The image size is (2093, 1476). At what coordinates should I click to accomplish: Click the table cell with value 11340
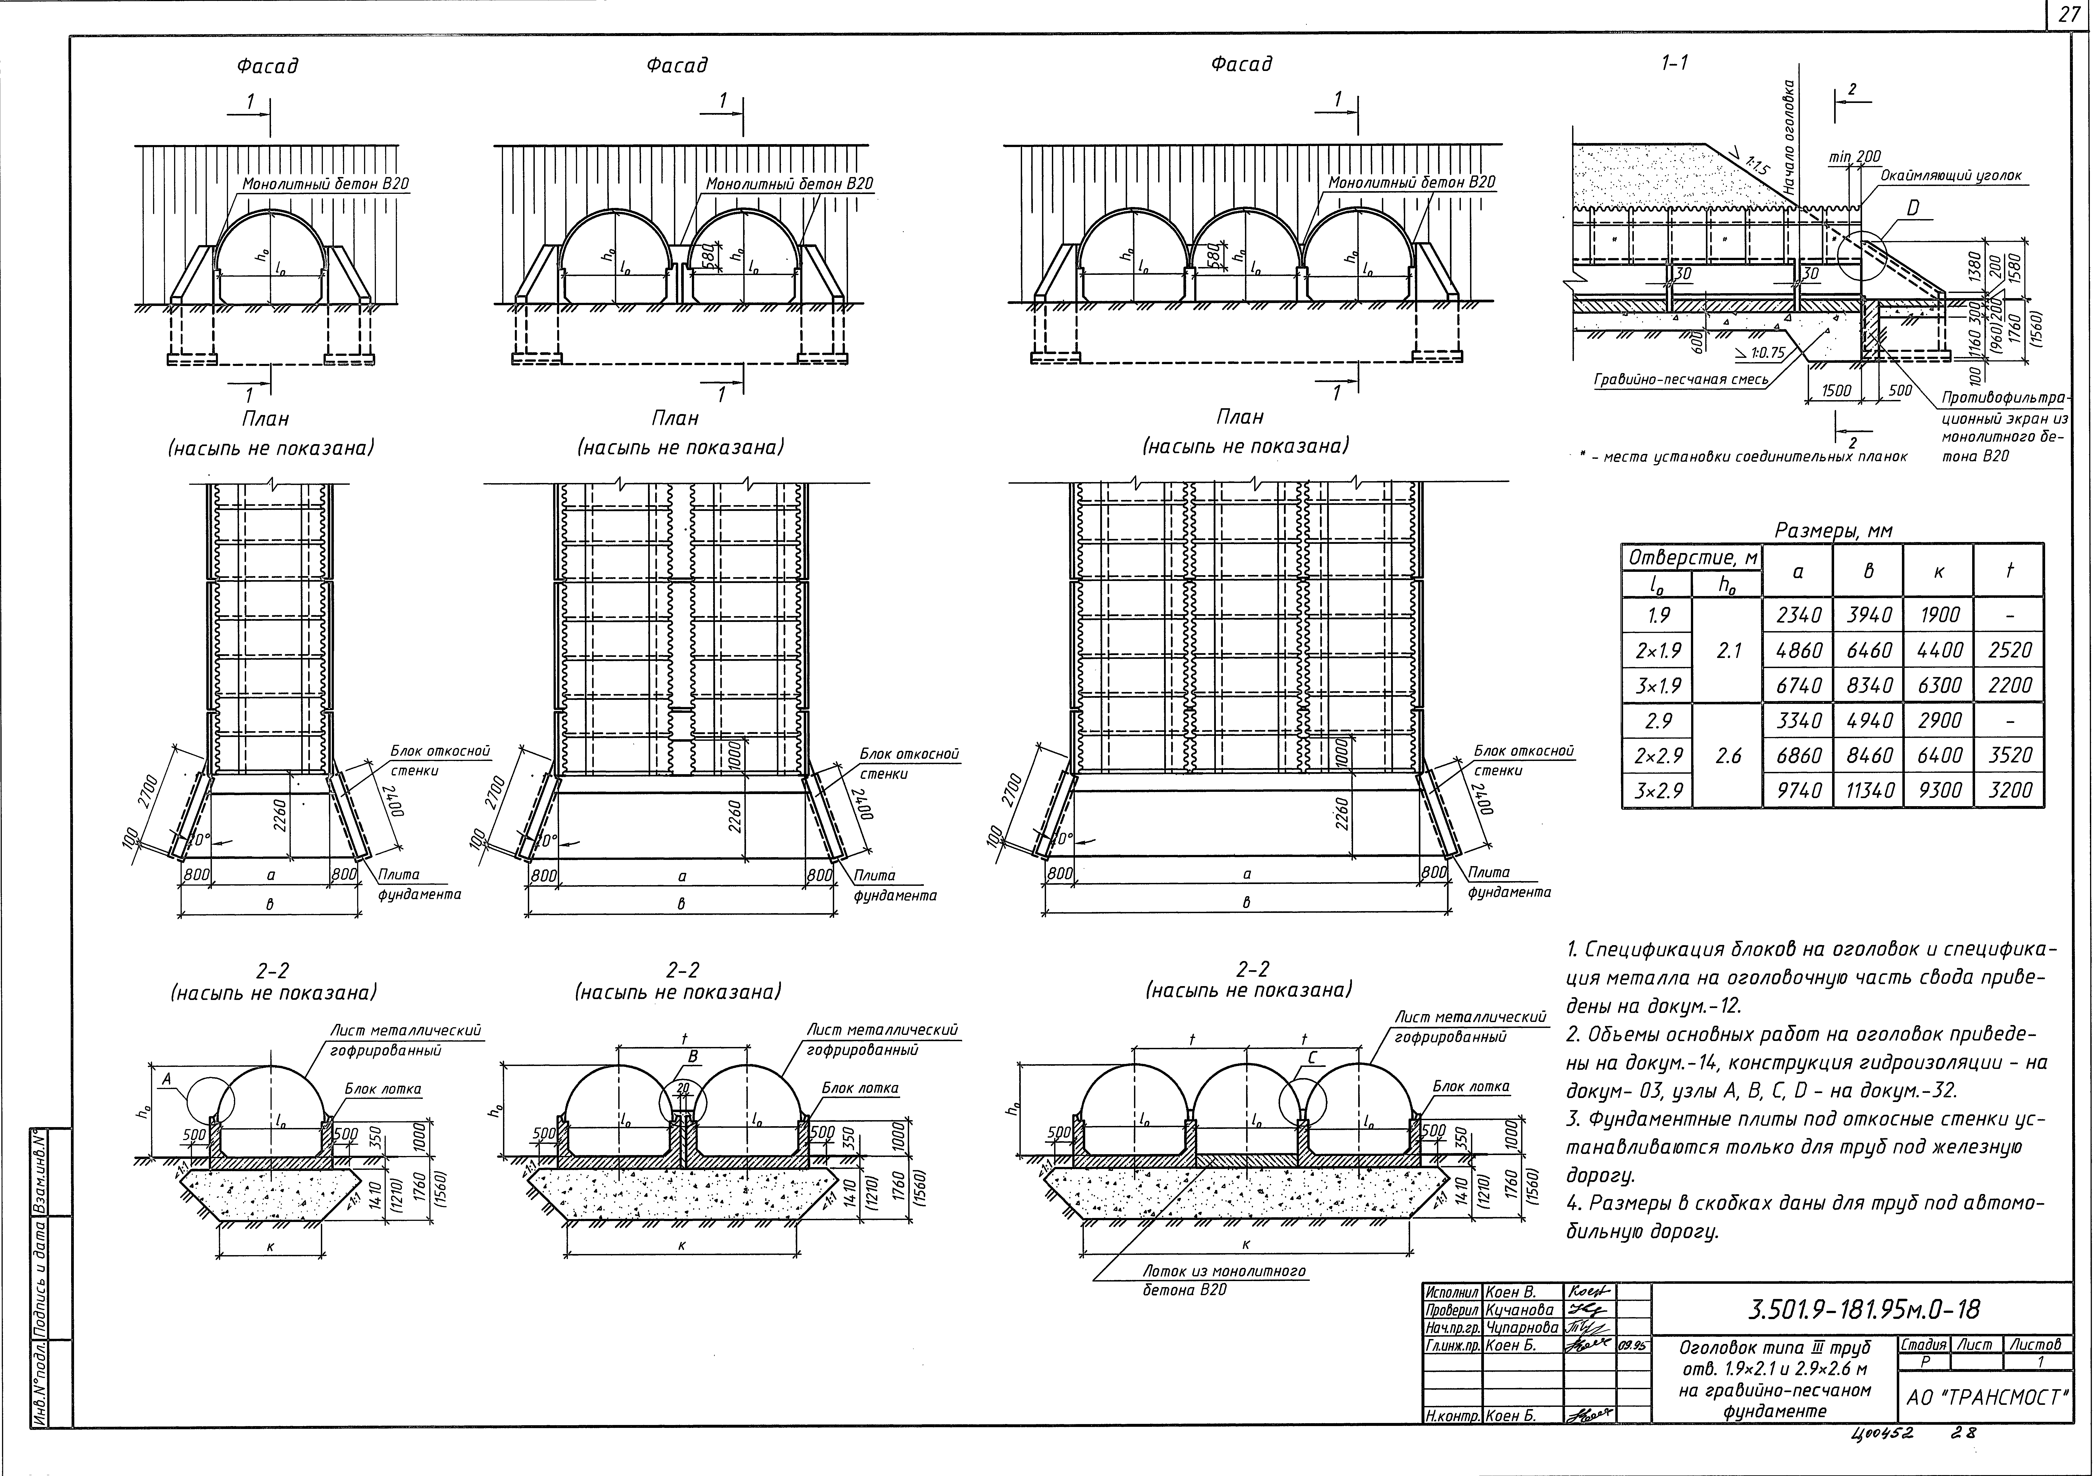click(1868, 790)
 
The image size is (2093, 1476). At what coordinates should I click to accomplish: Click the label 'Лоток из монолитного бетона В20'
click(1224, 1279)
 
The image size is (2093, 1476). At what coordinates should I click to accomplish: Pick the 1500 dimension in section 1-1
click(1836, 390)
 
